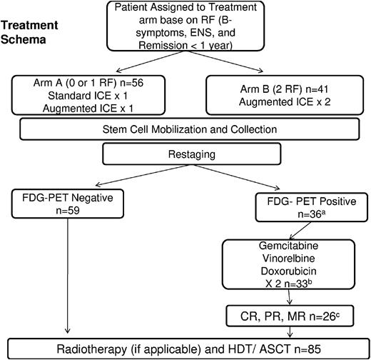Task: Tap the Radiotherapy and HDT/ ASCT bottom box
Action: (187, 349)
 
